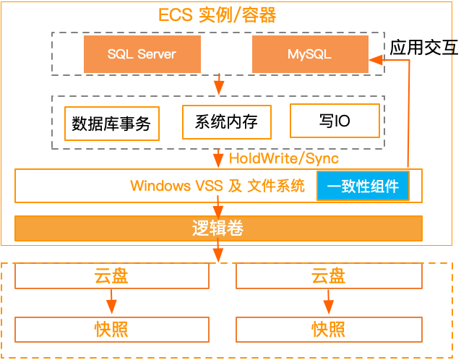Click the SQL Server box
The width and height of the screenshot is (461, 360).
(x=142, y=54)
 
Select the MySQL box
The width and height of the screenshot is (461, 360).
(x=309, y=54)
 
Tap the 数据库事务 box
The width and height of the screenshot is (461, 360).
(x=111, y=124)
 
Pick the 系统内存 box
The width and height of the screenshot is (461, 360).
(x=226, y=121)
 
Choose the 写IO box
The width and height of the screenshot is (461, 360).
(x=335, y=121)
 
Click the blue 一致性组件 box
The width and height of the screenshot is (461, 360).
(x=363, y=187)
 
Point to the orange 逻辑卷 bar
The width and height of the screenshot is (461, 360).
(x=218, y=228)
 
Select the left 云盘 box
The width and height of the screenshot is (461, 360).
(x=111, y=275)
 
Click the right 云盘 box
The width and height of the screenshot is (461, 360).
(x=329, y=275)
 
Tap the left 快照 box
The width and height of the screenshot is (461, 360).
(x=111, y=330)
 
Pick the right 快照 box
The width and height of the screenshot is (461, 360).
(x=329, y=330)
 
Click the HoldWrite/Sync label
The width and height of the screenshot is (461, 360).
(x=284, y=158)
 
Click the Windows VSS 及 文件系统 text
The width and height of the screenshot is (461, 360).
(x=217, y=186)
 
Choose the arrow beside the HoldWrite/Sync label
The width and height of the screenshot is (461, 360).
(x=218, y=159)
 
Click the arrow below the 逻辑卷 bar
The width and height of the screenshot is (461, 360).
(x=218, y=252)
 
